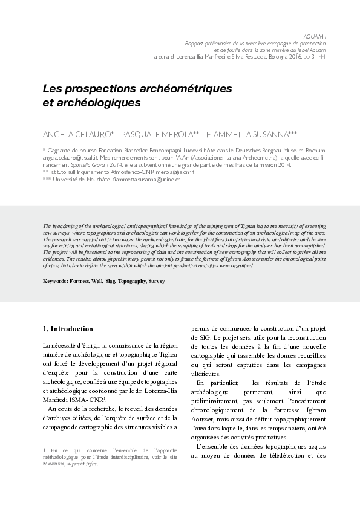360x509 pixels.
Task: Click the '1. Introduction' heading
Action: [x=67, y=329]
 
